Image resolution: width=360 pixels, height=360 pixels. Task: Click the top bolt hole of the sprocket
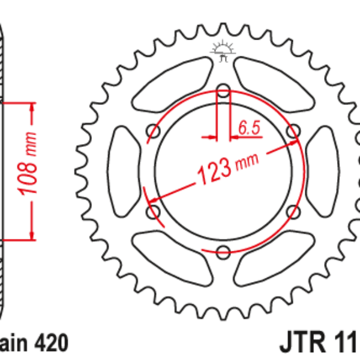(x=223, y=92)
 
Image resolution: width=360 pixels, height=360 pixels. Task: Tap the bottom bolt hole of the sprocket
(x=223, y=250)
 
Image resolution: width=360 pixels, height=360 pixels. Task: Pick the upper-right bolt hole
(x=293, y=131)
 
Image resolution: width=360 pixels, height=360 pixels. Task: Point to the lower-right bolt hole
(x=293, y=211)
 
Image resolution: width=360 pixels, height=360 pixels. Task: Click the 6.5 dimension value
(x=248, y=127)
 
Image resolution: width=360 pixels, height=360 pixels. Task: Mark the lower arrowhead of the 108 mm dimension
(x=32, y=235)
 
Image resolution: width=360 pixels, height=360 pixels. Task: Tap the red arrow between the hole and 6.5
(x=235, y=137)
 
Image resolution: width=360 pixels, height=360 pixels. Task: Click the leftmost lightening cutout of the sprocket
(x=122, y=170)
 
